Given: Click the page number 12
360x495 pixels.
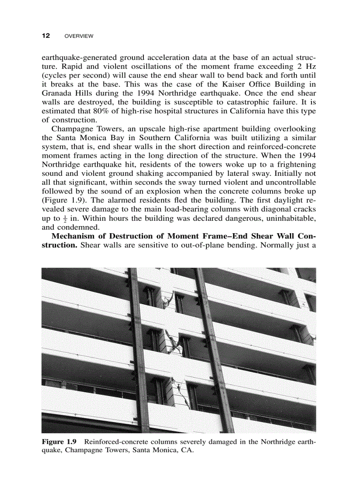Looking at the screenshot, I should [x=45, y=36].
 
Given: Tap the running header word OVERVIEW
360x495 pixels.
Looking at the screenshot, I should [x=79, y=36].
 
